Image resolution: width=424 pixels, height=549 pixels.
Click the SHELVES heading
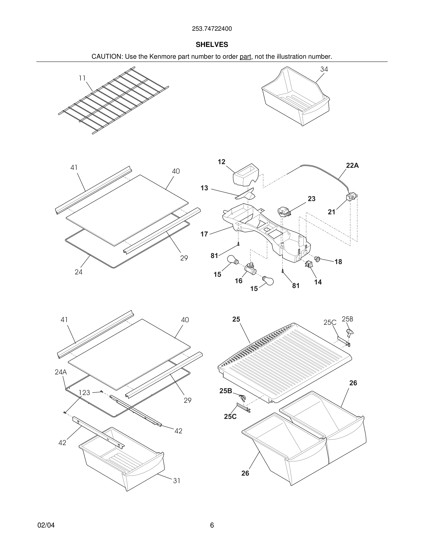point(212,45)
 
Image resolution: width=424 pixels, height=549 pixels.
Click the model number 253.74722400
point(212,29)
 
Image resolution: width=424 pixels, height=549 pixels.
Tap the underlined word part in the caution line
point(245,57)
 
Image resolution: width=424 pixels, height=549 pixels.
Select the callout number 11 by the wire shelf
point(82,78)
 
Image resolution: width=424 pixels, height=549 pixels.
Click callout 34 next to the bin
point(324,69)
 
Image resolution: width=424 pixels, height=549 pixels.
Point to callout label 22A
point(352,165)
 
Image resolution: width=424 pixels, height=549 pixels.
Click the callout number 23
point(312,199)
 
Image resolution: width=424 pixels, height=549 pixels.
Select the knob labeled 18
point(318,259)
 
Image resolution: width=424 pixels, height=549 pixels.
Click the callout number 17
point(204,234)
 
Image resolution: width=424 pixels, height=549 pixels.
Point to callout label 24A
point(61,372)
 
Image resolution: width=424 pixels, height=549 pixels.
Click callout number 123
point(84,393)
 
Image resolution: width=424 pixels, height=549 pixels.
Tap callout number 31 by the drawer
point(177,481)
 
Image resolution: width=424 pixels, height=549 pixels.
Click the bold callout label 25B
point(226,391)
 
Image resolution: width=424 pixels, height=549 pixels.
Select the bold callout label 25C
point(230,417)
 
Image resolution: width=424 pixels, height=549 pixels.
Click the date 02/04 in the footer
point(46,525)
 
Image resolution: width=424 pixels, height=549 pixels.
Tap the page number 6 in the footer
point(212,525)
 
